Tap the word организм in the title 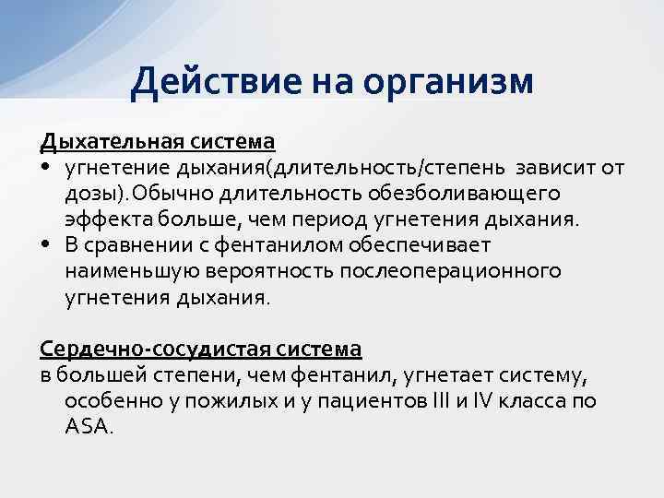pos(448,81)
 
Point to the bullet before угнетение pos(45,169)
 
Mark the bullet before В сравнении pos(45,246)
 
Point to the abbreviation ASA pos(88,427)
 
